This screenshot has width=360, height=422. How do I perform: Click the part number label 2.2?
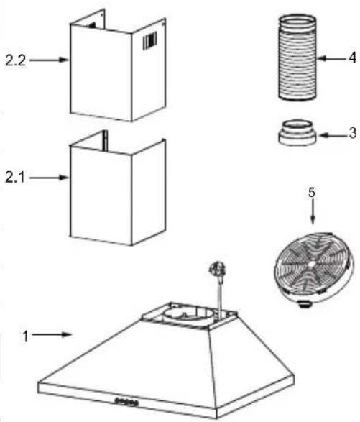tap(16, 60)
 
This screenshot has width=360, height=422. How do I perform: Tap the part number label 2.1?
tap(15, 178)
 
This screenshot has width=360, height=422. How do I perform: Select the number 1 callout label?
tap(26, 336)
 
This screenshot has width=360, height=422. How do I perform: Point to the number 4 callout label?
tap(353, 58)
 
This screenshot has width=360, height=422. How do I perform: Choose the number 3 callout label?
tap(353, 133)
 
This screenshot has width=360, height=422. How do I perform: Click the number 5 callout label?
tap(312, 192)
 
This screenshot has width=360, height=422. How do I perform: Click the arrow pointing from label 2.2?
tap(49, 60)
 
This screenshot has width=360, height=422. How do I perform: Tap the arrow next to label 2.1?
tap(49, 178)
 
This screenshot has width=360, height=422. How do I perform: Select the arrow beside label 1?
tap(52, 335)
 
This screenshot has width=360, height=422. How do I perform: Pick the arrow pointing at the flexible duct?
tap(331, 58)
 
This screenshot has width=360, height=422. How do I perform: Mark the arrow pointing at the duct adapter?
tap(333, 135)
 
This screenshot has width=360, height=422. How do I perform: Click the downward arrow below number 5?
tap(313, 213)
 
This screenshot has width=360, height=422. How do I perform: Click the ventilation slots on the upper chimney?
tap(150, 41)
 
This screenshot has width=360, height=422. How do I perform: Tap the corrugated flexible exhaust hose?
tap(297, 58)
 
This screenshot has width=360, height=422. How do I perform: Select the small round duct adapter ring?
tap(297, 133)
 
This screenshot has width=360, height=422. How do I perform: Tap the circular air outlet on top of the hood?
tap(188, 315)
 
